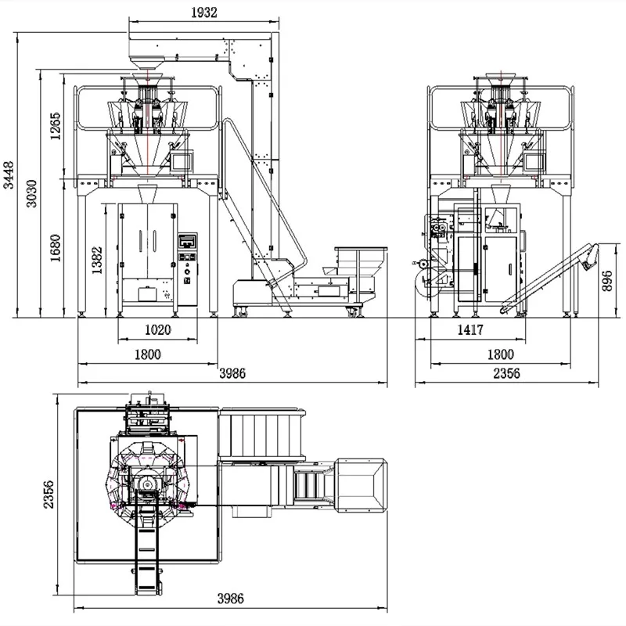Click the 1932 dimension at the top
click(x=204, y=13)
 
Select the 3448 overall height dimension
click(x=9, y=174)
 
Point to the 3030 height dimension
click(x=31, y=193)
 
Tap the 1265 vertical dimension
click(x=55, y=126)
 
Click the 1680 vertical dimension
click(x=55, y=247)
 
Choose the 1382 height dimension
click(x=97, y=260)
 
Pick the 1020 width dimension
click(x=158, y=329)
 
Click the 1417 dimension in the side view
click(x=470, y=329)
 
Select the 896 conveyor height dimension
click(x=607, y=281)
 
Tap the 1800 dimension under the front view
click(x=147, y=354)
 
